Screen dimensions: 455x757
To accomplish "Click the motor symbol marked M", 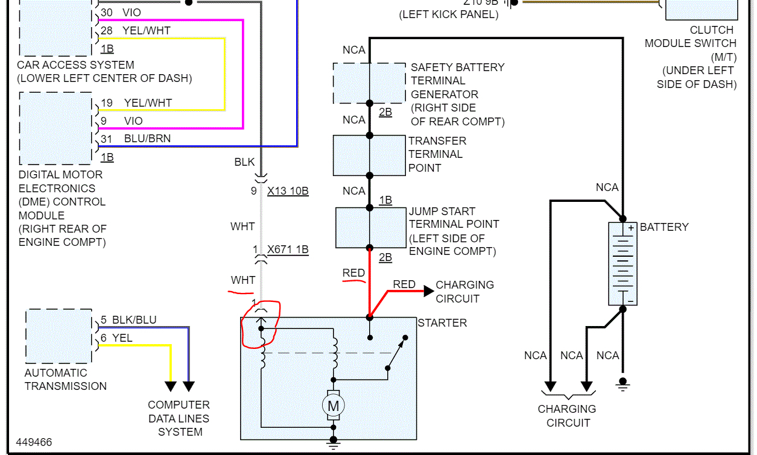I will (333, 406).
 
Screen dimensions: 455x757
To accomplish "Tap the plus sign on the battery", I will (631, 228).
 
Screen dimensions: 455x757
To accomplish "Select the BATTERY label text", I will (664, 227).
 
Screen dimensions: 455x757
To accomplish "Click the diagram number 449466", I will (34, 442).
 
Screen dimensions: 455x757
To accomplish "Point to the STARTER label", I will (442, 323).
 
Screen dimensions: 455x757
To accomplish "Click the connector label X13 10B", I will (288, 192).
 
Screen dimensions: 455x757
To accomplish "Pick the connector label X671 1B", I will (288, 249).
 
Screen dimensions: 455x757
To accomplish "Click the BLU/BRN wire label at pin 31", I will (147, 139).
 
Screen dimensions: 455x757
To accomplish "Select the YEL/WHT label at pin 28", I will (147, 31).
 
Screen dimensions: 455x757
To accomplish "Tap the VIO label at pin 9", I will (133, 121).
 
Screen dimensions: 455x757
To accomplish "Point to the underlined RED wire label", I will (353, 273).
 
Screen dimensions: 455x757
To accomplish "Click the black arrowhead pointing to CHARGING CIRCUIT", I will (428, 292).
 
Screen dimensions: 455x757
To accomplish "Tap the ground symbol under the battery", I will (623, 383).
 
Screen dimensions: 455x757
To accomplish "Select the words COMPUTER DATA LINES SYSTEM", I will (179, 418).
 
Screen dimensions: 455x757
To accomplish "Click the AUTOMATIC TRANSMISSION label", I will (66, 380).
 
